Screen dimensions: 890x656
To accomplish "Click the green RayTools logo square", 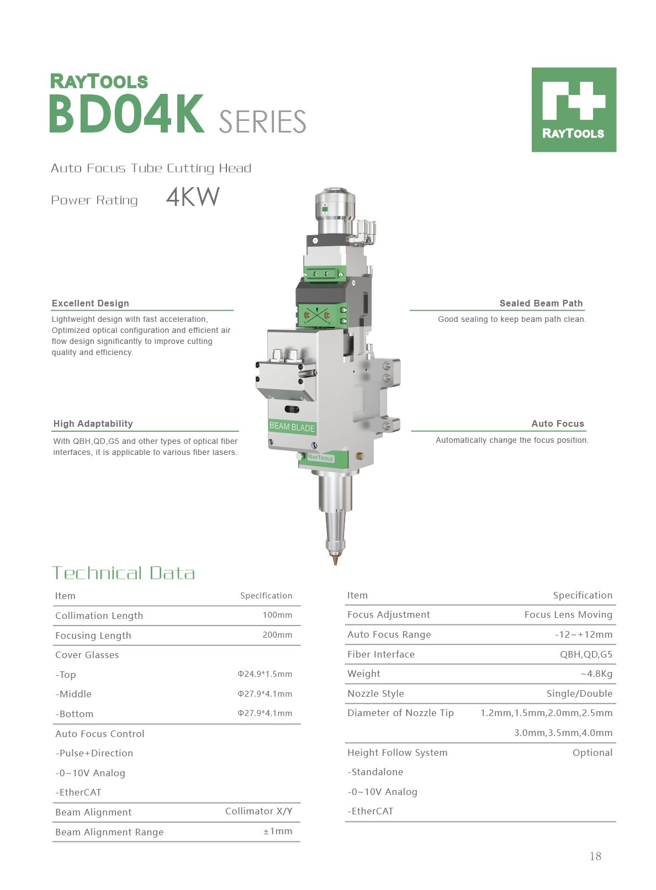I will (574, 109).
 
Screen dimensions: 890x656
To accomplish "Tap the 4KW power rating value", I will (193, 197).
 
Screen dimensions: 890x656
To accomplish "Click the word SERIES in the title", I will (262, 122).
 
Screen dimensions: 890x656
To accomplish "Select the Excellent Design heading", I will (91, 303).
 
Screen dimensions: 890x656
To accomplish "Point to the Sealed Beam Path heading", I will (541, 303).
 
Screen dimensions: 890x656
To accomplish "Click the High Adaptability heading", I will (93, 423).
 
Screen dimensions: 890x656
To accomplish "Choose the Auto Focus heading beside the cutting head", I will (557, 423).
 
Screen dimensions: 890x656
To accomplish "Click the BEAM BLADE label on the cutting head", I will (292, 427).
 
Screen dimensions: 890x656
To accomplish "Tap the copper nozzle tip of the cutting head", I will (335, 559).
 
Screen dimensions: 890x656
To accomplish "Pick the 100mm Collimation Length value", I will (277, 615).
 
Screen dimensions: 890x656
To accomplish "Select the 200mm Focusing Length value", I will (277, 635).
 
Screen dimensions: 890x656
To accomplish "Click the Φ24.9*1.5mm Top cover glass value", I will (265, 674).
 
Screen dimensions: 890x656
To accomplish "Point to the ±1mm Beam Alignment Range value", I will (278, 831).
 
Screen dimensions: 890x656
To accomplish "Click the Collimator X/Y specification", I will (258, 811).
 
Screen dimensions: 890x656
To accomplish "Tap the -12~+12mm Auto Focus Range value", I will (584, 634).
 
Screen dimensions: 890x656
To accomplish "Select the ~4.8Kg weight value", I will (596, 674).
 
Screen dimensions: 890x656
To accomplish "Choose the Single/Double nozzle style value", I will (579, 693).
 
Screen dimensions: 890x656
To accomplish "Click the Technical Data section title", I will (123, 573).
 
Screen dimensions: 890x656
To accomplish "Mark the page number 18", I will (595, 856).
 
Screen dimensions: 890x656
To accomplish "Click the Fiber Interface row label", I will (381, 654).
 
